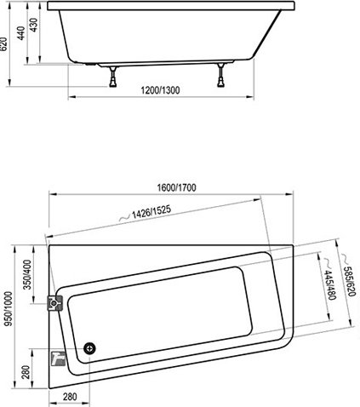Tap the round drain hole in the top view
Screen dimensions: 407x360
coord(90,348)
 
